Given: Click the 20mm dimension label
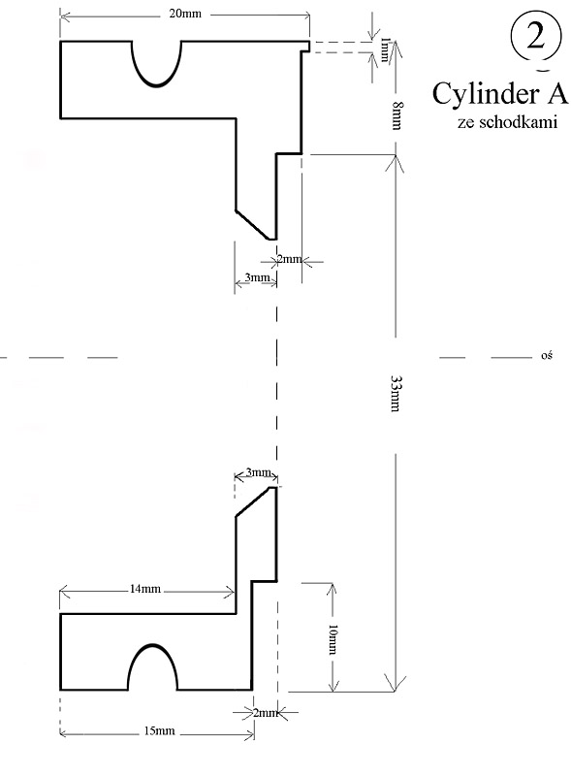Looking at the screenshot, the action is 185,14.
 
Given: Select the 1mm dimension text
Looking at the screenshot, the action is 385,49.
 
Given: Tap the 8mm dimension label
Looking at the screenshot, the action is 397,115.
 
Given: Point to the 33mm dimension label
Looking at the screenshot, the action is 396,394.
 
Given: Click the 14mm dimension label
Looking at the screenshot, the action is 145,589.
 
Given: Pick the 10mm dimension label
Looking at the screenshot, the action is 333,639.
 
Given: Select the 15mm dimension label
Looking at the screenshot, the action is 159,730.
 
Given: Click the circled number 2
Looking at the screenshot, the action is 536,37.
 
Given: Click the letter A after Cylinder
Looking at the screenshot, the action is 557,93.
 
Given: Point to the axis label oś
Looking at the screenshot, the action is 546,355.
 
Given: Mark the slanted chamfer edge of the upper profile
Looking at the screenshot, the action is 252,225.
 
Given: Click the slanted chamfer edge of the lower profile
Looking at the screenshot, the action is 253,501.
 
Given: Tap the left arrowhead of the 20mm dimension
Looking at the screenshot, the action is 65,16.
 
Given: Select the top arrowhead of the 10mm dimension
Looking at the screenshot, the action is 333,589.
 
